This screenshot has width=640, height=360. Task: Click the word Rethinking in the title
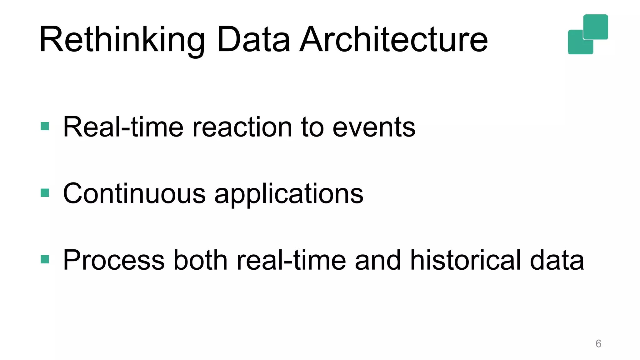coord(122,40)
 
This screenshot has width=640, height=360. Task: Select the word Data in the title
coord(253,40)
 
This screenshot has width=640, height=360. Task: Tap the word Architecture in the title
coord(393,40)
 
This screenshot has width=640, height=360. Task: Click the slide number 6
coord(598,344)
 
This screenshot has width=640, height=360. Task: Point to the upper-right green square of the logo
coord(596,27)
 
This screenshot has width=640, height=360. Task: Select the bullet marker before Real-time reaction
coord(45,126)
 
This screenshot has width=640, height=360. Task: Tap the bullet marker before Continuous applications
coord(45,193)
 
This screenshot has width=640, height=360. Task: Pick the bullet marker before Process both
coord(45,259)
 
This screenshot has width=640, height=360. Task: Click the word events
coord(374,127)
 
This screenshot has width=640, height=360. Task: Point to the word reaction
coord(242,127)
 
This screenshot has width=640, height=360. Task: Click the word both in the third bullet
coord(200,260)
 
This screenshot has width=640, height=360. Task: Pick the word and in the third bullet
coord(378,260)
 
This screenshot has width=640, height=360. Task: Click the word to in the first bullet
coord(312,127)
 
